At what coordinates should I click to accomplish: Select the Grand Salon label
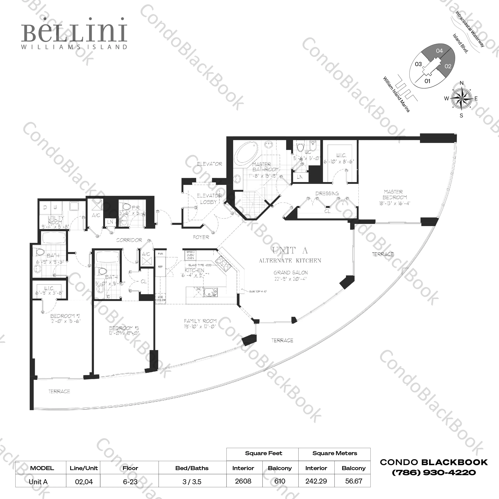(x=291, y=273)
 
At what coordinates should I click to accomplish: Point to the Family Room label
(x=200, y=321)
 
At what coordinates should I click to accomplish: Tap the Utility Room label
(x=56, y=220)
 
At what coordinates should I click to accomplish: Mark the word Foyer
(x=201, y=237)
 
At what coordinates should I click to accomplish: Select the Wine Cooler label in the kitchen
(x=160, y=299)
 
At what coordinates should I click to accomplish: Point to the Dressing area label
(x=327, y=193)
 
